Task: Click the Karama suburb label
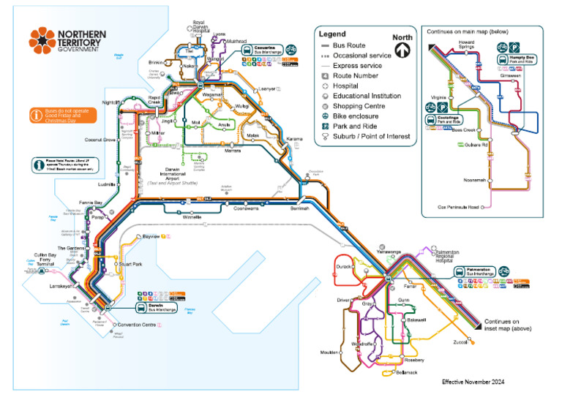click(x=294, y=139)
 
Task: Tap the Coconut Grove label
click(x=99, y=140)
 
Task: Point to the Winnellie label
click(x=191, y=217)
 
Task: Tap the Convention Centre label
click(x=136, y=325)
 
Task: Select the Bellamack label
click(x=406, y=373)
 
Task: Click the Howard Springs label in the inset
click(x=466, y=45)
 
